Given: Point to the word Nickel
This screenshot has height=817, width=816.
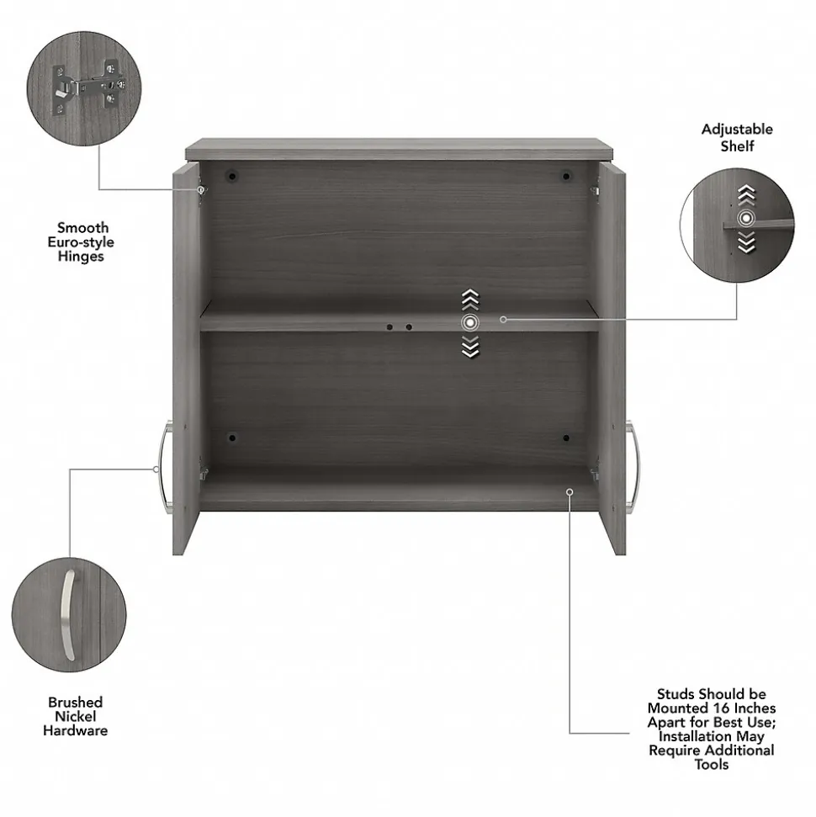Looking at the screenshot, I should click(x=76, y=716).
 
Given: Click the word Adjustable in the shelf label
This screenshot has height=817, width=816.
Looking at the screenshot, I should click(x=737, y=130).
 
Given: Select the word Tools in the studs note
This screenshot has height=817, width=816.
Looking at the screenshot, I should click(x=712, y=765).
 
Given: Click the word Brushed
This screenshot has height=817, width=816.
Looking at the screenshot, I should click(x=76, y=702).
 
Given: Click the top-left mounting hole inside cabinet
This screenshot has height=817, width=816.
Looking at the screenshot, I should click(x=233, y=177).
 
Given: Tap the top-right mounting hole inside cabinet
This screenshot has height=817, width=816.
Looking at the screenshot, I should click(x=566, y=177).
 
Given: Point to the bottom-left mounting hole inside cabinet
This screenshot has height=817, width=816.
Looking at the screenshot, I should click(x=233, y=438).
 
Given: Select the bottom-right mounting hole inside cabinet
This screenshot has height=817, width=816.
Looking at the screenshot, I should click(x=566, y=438).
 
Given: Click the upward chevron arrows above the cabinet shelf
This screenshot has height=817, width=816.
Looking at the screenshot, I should click(x=469, y=299).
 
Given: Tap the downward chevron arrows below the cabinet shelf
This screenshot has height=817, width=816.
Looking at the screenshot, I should click(x=469, y=346).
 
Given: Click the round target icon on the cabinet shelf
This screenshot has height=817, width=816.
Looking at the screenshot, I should click(x=469, y=322).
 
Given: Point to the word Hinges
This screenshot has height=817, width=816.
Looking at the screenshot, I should click(x=81, y=257).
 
